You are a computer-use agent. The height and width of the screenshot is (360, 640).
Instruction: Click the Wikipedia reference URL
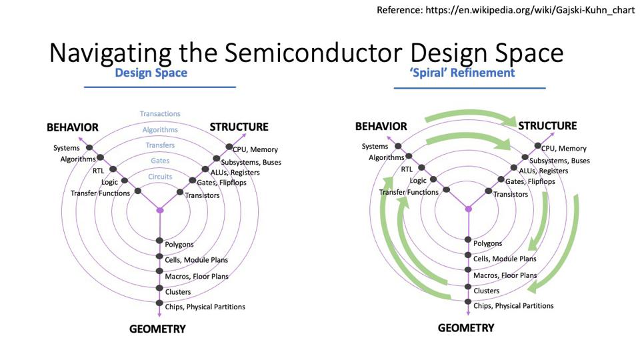(x=530, y=10)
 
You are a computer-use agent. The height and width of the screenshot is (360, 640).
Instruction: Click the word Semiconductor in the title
(x=313, y=53)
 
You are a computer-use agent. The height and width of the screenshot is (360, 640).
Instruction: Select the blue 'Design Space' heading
(x=151, y=73)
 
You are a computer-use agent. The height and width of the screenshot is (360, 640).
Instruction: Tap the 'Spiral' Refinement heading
(x=462, y=73)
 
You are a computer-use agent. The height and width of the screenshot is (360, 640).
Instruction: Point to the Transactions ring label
(x=160, y=114)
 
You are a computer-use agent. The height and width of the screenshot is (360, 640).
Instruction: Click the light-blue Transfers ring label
(x=160, y=145)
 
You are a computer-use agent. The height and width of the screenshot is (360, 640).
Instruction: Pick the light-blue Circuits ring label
(x=160, y=177)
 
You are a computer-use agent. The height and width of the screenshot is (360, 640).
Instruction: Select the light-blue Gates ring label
(x=160, y=161)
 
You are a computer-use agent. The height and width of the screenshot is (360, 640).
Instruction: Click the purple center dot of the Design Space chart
(x=160, y=210)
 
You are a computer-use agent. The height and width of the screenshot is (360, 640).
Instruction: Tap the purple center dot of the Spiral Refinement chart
(x=469, y=209)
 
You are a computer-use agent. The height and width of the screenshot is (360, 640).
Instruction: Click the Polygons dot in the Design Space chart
(x=159, y=241)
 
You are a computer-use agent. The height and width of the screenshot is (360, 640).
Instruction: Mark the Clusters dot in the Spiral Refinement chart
(x=468, y=287)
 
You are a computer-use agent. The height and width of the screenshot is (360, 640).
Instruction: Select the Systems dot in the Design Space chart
(x=89, y=147)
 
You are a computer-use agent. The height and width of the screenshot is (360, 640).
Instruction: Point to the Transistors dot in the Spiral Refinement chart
(x=488, y=191)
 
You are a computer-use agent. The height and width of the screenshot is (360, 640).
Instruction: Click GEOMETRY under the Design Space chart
(x=157, y=329)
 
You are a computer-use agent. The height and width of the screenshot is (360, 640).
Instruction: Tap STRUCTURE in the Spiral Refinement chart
(x=548, y=126)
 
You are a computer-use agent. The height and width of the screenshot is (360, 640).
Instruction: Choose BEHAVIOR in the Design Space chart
(x=73, y=127)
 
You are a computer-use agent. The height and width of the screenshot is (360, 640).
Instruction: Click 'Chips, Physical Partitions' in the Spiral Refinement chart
(x=513, y=306)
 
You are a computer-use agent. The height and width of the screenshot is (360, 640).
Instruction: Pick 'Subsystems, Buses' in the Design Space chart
(x=251, y=163)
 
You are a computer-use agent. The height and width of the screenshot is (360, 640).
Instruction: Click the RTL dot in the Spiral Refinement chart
(x=421, y=167)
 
